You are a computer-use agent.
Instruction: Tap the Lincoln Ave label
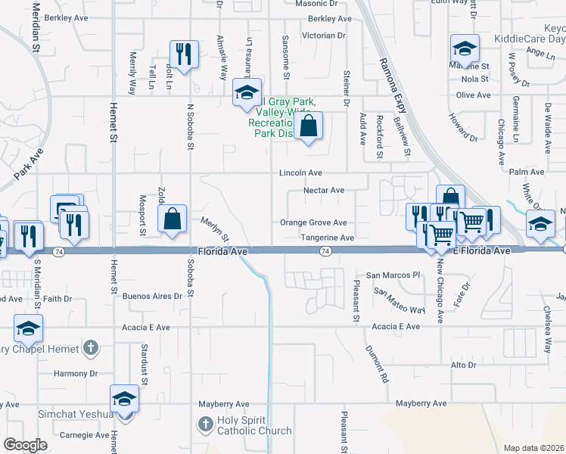click(x=300, y=173)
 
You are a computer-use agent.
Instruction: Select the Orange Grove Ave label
click(x=313, y=222)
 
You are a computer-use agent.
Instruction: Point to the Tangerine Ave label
click(x=328, y=238)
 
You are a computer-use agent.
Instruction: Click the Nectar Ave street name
click(x=324, y=191)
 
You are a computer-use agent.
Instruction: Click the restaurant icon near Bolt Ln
click(x=184, y=54)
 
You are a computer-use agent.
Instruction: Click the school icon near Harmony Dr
click(x=124, y=398)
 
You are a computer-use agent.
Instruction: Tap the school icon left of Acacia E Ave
click(x=28, y=329)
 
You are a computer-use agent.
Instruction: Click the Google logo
click(x=25, y=445)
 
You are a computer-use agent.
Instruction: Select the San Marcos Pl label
click(x=393, y=275)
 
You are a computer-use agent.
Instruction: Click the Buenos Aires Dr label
click(x=152, y=297)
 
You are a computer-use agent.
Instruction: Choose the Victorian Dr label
click(x=323, y=36)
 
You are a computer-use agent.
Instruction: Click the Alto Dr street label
click(x=463, y=365)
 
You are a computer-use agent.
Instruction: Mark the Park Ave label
click(x=29, y=169)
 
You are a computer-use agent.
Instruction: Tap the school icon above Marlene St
click(x=465, y=48)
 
